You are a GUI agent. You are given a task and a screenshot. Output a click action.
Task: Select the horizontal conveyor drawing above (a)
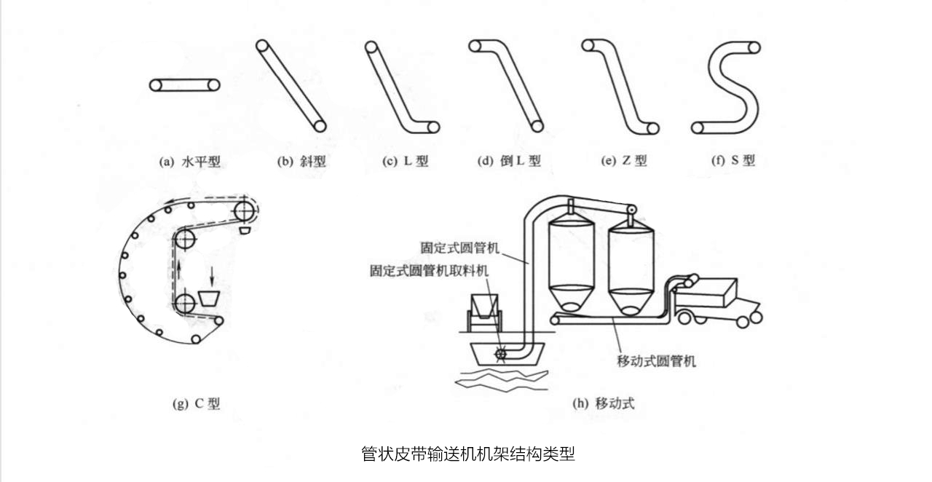[185, 85]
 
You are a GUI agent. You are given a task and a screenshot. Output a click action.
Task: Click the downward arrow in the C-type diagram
[212, 275]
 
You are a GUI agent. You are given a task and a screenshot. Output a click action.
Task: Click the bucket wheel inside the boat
[500, 355]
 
